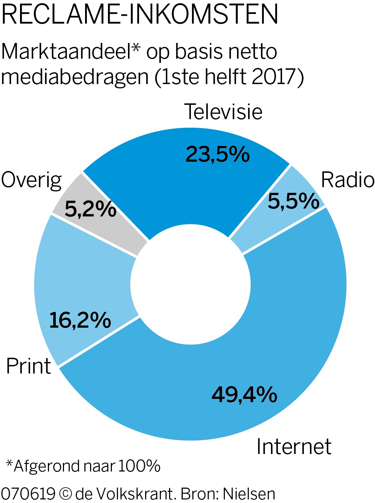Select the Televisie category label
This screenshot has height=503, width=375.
pos(223,112)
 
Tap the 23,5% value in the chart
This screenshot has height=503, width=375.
pos(217,155)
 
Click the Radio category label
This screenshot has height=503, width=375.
pos(347,180)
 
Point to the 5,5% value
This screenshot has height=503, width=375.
pos(293,201)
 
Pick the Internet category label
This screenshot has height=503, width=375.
pos(293,446)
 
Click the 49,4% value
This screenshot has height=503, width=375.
pos(244,395)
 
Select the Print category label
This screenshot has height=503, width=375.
pos(29,366)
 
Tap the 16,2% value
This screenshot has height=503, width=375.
pos(80,320)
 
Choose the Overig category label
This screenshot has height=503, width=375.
pos(31,180)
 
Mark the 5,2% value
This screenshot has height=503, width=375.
pos(90,209)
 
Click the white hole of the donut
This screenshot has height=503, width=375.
pos(191,284)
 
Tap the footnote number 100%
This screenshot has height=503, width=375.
pos(139,466)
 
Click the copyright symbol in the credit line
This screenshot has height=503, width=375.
pos(65,494)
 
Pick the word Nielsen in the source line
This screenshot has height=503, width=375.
pos(249,494)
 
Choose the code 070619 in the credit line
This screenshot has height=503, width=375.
pos(28,494)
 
